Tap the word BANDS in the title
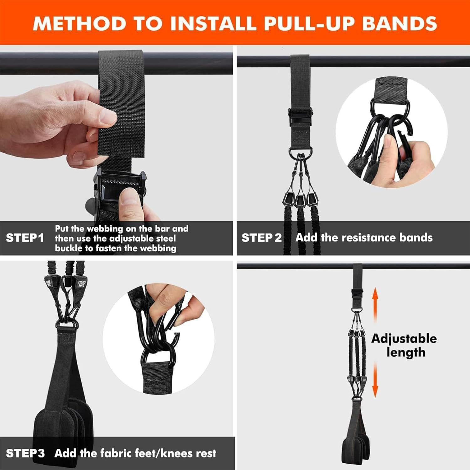(x=399, y=23)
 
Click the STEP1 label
(x=25, y=238)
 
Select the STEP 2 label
(x=262, y=238)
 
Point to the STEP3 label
(x=25, y=453)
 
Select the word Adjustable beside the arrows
(x=404, y=339)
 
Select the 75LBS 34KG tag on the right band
(x=81, y=284)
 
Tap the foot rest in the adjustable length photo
(x=357, y=445)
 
